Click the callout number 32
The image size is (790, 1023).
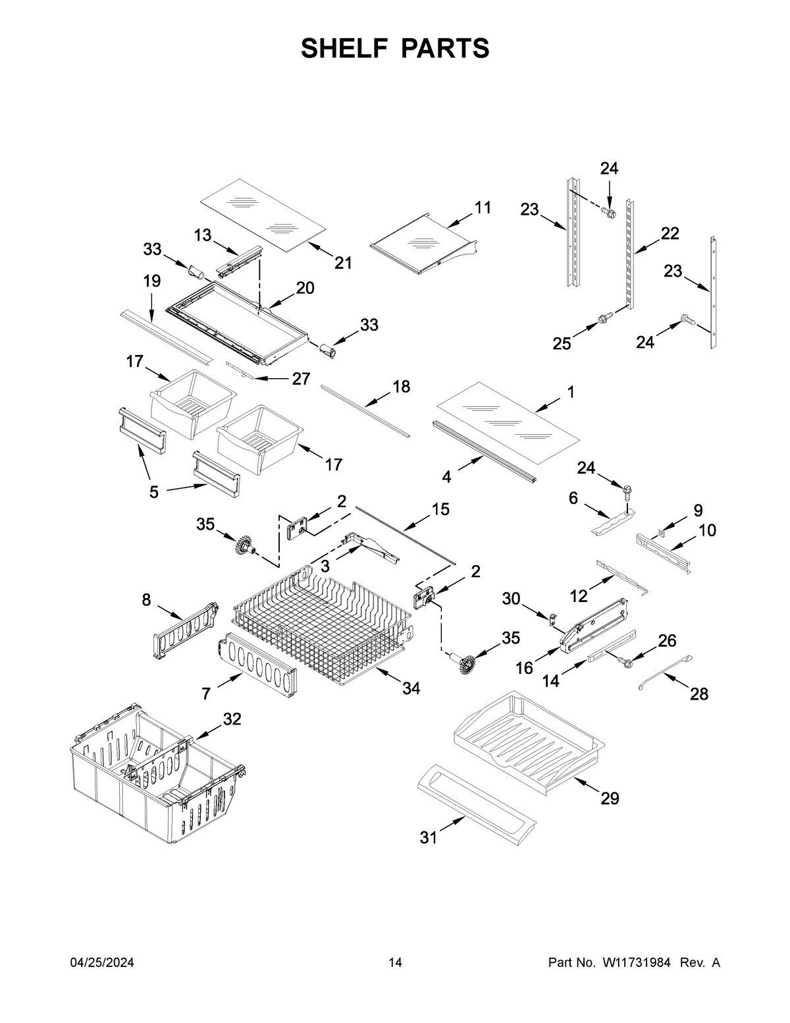click(x=232, y=719)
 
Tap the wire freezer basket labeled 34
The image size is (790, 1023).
click(x=323, y=626)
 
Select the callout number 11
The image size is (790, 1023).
click(x=483, y=207)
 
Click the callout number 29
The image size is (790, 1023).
click(x=610, y=798)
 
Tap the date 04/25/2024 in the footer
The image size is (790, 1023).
click(x=102, y=963)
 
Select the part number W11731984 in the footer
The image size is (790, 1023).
click(x=636, y=963)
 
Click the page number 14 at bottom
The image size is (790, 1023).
click(x=395, y=963)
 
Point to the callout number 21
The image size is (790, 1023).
click(x=343, y=263)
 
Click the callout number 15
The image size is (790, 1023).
click(x=440, y=509)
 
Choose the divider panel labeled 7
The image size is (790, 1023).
click(x=258, y=665)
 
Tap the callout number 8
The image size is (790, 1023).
click(x=146, y=599)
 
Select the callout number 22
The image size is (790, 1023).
click(x=670, y=233)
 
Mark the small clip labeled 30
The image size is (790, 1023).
click(x=554, y=619)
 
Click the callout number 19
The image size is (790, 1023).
click(x=151, y=281)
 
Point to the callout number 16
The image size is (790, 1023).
click(x=524, y=668)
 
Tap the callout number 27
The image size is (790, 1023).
click(x=301, y=379)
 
